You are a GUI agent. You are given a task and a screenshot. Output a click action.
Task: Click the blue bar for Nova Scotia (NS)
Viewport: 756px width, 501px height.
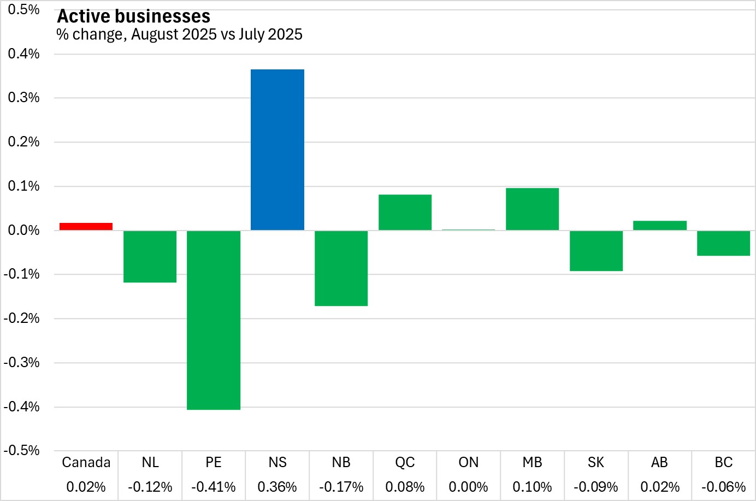pyautogui.click(x=277, y=150)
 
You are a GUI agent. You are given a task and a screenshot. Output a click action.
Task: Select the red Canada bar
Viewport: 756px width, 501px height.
pyautogui.click(x=86, y=227)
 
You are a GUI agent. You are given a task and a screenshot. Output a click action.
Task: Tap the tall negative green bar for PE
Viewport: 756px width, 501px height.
pyautogui.click(x=214, y=320)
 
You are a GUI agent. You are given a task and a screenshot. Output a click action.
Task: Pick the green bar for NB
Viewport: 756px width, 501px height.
pyautogui.click(x=341, y=268)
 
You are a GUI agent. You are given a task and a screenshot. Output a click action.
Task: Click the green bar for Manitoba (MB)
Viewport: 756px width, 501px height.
pyautogui.click(x=533, y=209)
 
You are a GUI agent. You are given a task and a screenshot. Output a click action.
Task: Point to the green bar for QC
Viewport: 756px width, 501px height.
pyautogui.click(x=405, y=213)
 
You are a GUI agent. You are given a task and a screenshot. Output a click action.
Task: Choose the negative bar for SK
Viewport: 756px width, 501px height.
pyautogui.click(x=596, y=251)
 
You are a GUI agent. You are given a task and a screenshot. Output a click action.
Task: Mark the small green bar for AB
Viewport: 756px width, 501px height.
pyautogui.click(x=660, y=226)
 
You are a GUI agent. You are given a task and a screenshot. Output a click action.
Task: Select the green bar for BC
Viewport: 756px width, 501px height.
pyautogui.click(x=723, y=243)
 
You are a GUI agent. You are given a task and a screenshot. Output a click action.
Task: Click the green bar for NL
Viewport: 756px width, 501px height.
pyautogui.click(x=150, y=256)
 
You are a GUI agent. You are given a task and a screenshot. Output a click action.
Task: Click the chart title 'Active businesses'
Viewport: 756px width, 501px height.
pyautogui.click(x=134, y=16)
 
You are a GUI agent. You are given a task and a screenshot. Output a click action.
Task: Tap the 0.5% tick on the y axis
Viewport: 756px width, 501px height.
pyautogui.click(x=23, y=10)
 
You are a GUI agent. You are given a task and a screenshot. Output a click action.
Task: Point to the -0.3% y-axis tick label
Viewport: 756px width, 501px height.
pyautogui.click(x=22, y=363)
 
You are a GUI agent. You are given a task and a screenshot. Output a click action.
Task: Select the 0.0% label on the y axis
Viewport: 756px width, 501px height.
pyautogui.click(x=23, y=230)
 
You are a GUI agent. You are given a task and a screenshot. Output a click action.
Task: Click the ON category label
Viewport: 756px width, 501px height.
pyautogui.click(x=469, y=463)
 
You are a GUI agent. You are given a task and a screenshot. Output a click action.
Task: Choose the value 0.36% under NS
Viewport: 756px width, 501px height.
pyautogui.click(x=277, y=487)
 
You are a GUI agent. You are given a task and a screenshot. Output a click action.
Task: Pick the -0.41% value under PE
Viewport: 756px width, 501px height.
pyautogui.click(x=214, y=487)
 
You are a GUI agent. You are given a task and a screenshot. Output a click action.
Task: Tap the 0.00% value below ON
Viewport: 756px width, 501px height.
pyautogui.click(x=469, y=487)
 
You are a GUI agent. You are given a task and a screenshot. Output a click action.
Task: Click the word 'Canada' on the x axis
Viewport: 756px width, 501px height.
pyautogui.click(x=86, y=463)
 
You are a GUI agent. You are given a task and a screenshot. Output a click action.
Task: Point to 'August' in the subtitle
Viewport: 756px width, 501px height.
pyautogui.click(x=155, y=34)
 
